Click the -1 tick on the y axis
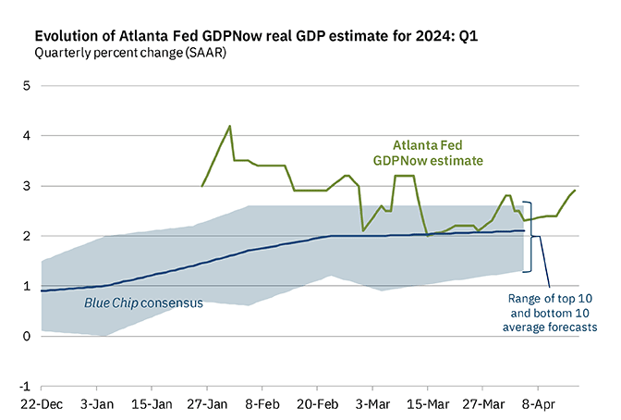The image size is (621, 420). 22,387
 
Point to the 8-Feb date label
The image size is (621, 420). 262,405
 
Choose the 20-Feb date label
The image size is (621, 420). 317,405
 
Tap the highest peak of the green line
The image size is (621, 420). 230,126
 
